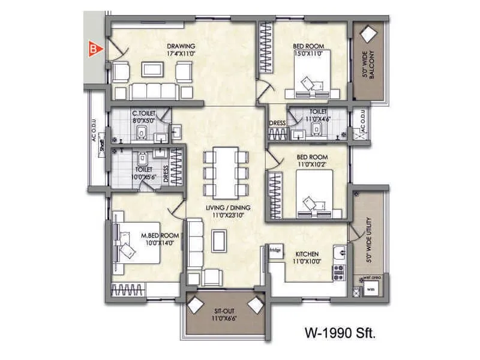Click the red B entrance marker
tap(93, 49)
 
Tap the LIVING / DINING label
tap(228, 208)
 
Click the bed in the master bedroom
tap(136, 246)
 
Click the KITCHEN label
tap(306, 254)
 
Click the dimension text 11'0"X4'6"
tap(319, 119)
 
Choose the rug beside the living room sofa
tap(220, 242)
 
